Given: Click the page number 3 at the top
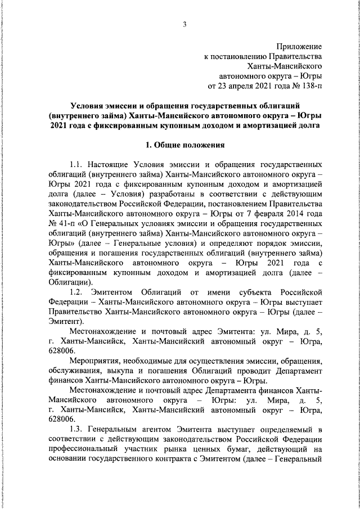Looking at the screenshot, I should coord(184,23).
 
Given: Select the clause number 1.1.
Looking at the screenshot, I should coord(77,165).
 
